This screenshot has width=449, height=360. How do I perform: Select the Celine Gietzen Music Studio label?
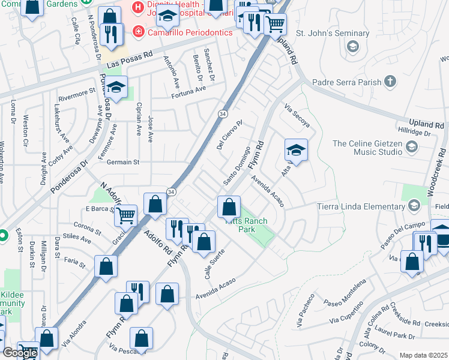(367, 148)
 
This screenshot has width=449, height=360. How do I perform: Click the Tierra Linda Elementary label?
(362, 206)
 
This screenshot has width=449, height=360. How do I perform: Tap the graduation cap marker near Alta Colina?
(296, 150)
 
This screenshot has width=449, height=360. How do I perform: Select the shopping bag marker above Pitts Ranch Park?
(229, 208)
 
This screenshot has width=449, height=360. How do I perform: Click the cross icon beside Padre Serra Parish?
(390, 81)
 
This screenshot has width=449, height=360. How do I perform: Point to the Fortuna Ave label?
(188, 92)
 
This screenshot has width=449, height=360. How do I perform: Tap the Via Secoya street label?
(297, 116)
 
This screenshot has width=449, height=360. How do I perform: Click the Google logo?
(20, 353)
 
